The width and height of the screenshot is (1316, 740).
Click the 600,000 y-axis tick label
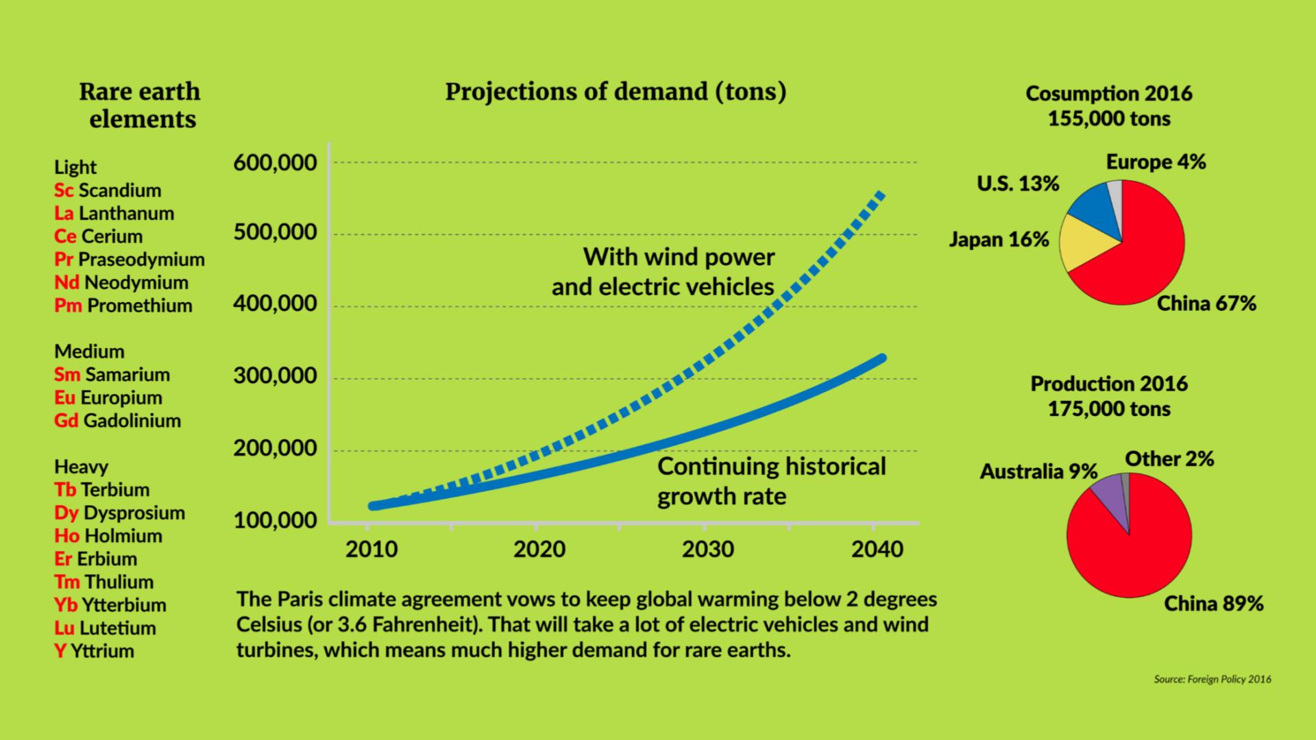point(275,163)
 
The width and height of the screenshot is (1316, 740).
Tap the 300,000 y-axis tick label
point(275,375)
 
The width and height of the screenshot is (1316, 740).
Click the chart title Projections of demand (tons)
point(616,92)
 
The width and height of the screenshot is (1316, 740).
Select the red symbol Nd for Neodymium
point(66,282)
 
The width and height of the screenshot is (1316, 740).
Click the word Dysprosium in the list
point(134,513)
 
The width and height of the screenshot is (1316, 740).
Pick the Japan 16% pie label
point(999,239)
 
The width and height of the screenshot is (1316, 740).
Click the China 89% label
point(1213,604)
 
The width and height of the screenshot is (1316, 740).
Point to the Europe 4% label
point(1156,162)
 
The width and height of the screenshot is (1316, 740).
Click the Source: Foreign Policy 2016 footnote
point(1212,680)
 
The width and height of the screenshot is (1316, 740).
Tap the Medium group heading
point(89,351)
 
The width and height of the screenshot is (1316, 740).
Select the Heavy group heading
point(81,467)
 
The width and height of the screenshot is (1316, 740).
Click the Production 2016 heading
point(1109,384)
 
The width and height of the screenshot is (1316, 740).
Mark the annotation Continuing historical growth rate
point(771,481)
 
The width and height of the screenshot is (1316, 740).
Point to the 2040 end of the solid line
point(881,358)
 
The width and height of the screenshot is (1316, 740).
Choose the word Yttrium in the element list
point(102,651)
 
